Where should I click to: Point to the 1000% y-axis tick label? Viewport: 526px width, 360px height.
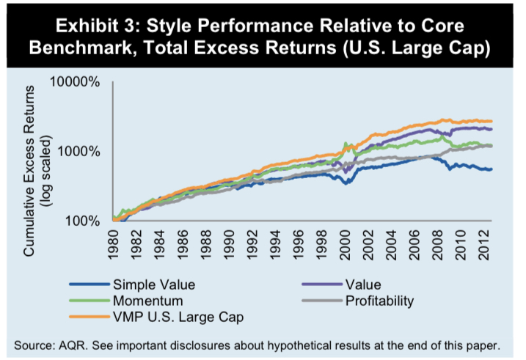78,151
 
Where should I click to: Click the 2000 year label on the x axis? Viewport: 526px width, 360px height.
344,247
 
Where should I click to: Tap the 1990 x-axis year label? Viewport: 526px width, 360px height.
229,247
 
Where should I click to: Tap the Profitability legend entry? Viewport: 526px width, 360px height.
386,299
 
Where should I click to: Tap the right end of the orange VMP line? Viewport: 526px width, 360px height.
492,121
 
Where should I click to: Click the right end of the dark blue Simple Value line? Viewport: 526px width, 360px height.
492,169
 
